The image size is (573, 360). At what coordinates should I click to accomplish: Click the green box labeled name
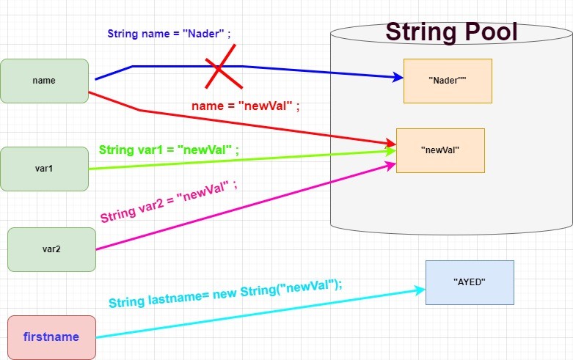[44, 81]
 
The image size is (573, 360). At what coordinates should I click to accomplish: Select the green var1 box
[44, 169]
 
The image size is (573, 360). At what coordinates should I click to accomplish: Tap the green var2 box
[51, 249]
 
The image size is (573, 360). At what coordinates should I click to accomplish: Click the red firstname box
[51, 337]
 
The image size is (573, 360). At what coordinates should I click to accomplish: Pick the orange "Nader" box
[448, 81]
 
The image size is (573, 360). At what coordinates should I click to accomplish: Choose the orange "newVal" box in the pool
[440, 150]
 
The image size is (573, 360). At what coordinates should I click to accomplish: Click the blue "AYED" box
[470, 282]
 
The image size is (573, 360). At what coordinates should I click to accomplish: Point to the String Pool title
[451, 32]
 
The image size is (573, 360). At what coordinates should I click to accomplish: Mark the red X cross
[219, 67]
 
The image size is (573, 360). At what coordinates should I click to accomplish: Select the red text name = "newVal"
[246, 106]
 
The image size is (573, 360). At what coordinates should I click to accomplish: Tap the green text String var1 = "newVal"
[169, 150]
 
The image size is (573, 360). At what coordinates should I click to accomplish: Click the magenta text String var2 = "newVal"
[169, 202]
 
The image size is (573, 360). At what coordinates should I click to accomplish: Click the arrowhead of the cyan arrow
[420, 290]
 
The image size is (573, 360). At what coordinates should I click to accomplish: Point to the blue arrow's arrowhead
[398, 78]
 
